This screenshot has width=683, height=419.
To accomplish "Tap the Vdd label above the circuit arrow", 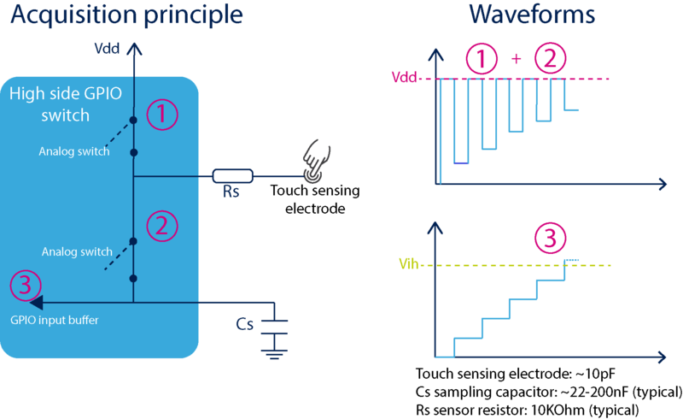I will click(108, 49).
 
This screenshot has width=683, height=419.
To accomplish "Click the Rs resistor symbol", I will click(232, 177).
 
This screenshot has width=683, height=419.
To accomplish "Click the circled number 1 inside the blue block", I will click(162, 115).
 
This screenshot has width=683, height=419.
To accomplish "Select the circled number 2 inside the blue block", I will click(162, 226).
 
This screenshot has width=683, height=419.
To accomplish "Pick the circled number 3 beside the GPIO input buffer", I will click(24, 285).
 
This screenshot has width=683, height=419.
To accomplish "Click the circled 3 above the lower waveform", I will click(550, 239).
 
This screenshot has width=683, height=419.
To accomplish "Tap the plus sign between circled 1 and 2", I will click(515, 60).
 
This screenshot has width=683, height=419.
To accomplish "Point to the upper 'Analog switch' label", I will click(74, 151).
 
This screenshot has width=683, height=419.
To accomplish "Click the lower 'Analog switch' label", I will click(78, 251).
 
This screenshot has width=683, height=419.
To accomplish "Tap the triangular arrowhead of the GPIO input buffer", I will click(35, 301).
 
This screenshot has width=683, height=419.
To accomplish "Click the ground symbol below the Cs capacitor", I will click(274, 351).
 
